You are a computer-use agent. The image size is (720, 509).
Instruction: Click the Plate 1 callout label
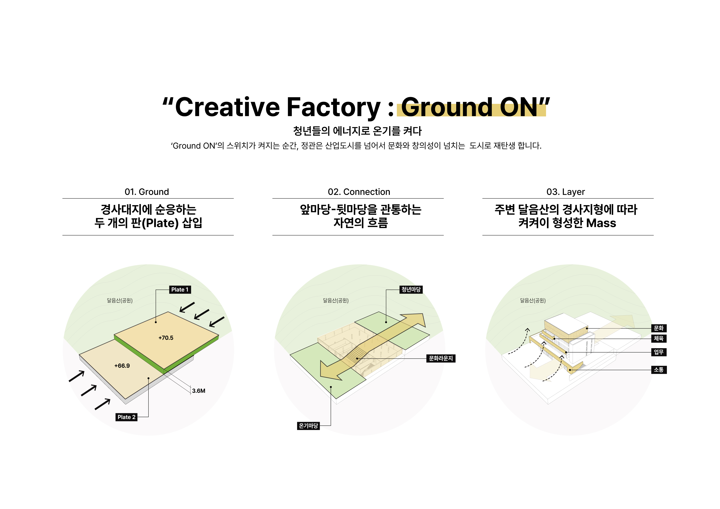tap(180, 289)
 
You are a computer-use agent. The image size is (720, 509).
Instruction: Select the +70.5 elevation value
tap(166, 338)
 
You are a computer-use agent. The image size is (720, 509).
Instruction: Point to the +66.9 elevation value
tap(122, 366)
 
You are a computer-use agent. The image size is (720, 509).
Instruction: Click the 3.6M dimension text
tap(199, 391)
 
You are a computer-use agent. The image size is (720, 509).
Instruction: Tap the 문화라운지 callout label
tap(441, 358)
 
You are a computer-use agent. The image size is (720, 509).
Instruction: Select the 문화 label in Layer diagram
tap(659, 328)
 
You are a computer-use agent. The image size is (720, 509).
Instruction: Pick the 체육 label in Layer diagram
tap(659, 338)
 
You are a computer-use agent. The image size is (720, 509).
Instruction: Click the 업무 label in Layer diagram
tap(659, 352)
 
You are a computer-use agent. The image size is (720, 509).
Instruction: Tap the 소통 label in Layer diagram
tap(659, 370)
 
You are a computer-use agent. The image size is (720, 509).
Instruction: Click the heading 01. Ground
tap(147, 192)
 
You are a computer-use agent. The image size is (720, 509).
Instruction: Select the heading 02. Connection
tap(359, 192)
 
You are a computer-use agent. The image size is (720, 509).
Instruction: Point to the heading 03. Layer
tap(566, 192)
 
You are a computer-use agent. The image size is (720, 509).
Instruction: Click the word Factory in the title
tap(334, 107)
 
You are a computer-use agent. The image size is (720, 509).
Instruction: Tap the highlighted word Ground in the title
tap(447, 107)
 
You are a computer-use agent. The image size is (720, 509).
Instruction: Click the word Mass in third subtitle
tap(601, 223)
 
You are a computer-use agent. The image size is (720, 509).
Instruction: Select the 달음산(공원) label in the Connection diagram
tap(336, 301)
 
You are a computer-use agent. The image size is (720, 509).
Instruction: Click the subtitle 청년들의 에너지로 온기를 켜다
tap(357, 131)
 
